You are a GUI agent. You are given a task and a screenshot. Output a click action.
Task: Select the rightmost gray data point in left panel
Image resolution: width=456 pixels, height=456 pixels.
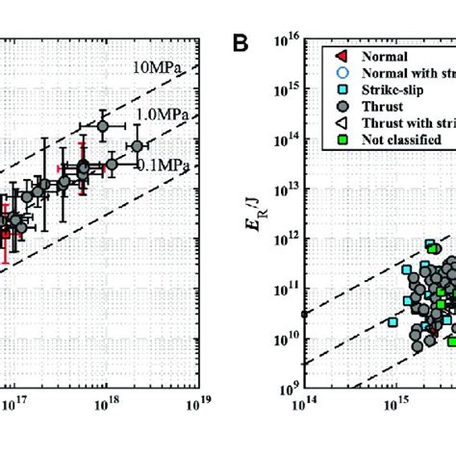tap(138, 146)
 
